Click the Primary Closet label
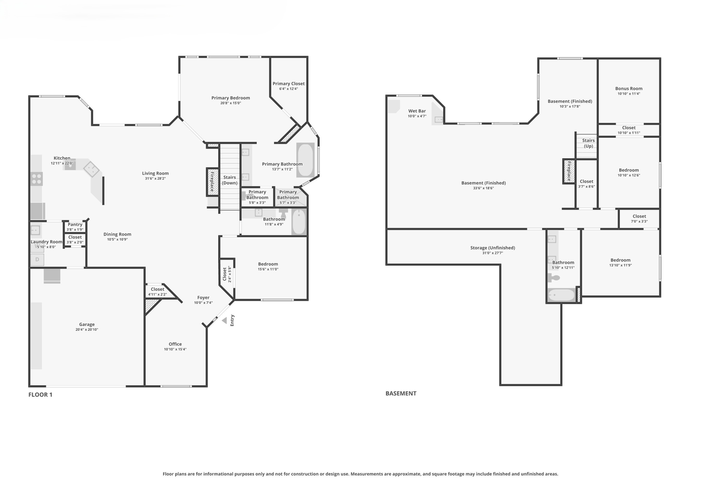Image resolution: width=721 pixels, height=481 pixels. [x=288, y=84]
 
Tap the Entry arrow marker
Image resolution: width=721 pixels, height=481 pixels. [x=224, y=321]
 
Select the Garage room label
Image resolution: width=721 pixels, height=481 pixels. [x=87, y=325]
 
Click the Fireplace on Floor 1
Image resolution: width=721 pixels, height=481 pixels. [x=212, y=182]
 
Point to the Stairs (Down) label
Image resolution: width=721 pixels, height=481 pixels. [x=230, y=180]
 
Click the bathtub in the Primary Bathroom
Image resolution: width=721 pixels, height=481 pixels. [x=305, y=160]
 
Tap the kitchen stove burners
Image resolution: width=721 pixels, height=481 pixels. [x=36, y=179]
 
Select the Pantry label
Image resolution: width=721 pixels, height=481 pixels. [x=75, y=224]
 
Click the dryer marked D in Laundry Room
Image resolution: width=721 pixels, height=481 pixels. [x=37, y=260]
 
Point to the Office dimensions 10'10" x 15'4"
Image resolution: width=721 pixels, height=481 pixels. [x=175, y=350]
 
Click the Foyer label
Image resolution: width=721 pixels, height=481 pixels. [x=203, y=298]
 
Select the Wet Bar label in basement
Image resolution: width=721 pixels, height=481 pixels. [x=417, y=111]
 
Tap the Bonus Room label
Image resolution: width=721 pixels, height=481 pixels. [x=628, y=89]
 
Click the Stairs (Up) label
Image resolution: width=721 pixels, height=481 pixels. [x=588, y=143]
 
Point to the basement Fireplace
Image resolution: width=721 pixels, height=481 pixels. [x=569, y=171]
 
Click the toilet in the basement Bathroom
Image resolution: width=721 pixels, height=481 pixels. [x=554, y=278]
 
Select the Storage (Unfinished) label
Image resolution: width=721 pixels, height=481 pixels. [x=492, y=248]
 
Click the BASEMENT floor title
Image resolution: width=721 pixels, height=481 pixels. [x=401, y=394]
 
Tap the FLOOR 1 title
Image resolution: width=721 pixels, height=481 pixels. [x=40, y=395]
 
